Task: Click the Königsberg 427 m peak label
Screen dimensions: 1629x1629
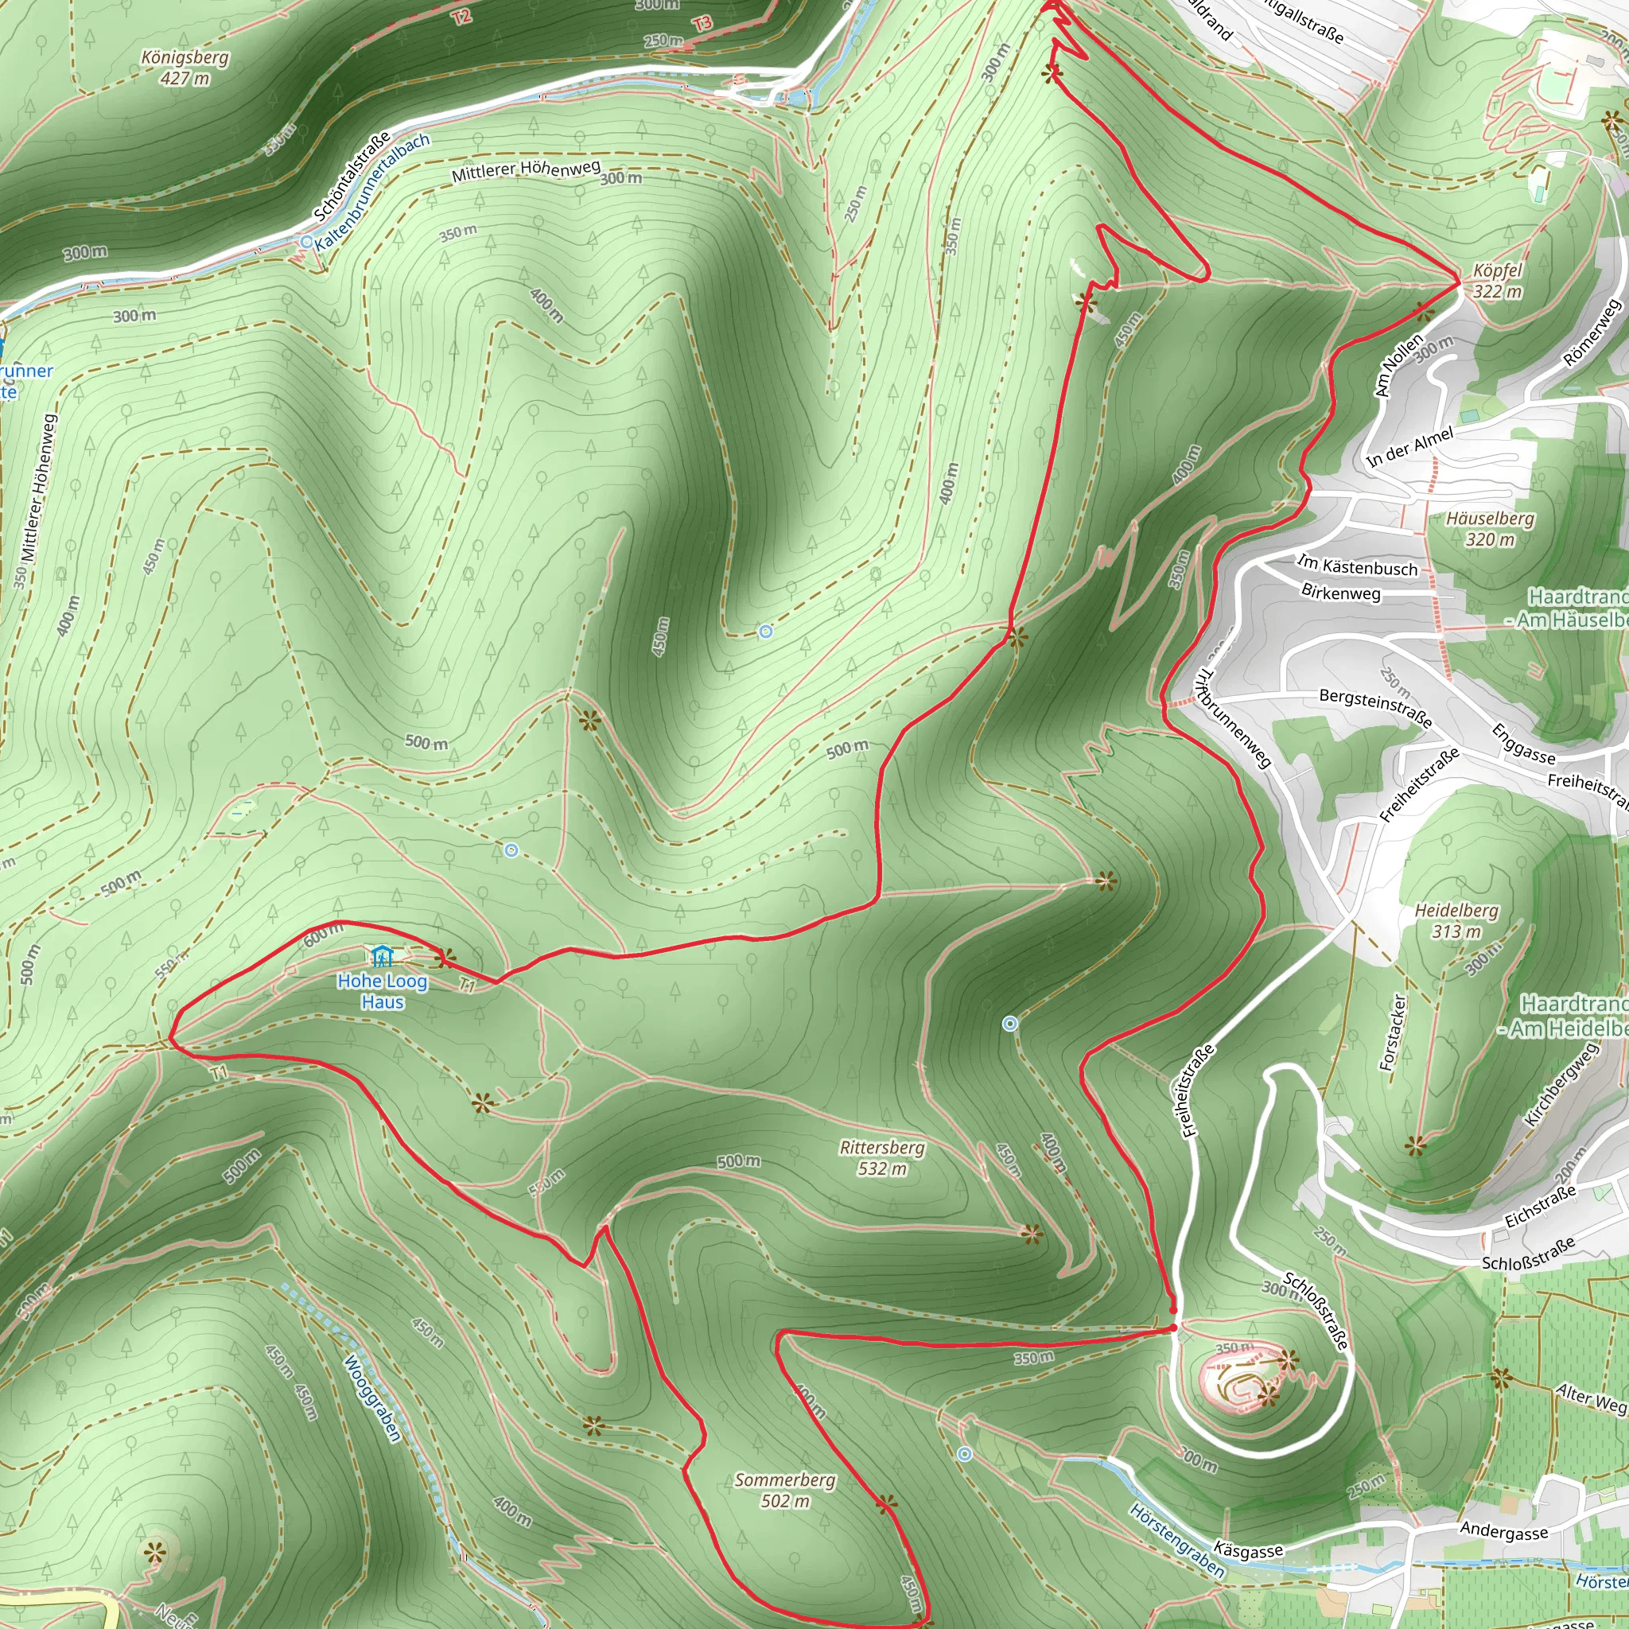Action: pyautogui.click(x=185, y=68)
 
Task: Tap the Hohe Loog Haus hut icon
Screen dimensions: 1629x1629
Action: pyautogui.click(x=382, y=956)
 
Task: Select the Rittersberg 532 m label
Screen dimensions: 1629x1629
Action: pyautogui.click(x=882, y=1157)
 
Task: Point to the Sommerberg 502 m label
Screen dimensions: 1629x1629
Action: pyautogui.click(x=784, y=1490)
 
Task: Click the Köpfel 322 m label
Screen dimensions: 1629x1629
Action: pyautogui.click(x=1498, y=281)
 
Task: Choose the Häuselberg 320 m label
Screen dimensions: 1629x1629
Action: pyautogui.click(x=1490, y=529)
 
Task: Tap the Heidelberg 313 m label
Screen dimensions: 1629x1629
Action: pyautogui.click(x=1456, y=921)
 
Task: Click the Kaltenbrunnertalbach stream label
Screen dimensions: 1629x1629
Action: pyautogui.click(x=371, y=192)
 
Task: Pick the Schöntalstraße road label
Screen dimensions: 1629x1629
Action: pyautogui.click(x=352, y=177)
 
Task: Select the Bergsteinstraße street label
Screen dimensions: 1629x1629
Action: pyautogui.click(x=1375, y=706)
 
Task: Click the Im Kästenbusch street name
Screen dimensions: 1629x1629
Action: pyautogui.click(x=1357, y=566)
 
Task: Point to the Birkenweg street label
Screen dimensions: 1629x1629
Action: pyautogui.click(x=1340, y=592)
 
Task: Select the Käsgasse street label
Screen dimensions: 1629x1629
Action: pyautogui.click(x=1248, y=1549)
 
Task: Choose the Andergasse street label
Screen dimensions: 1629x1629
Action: pyautogui.click(x=1503, y=1530)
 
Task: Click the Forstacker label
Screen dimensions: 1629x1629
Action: pyautogui.click(x=1392, y=1032)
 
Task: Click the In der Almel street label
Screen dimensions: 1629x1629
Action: pyautogui.click(x=1409, y=447)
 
